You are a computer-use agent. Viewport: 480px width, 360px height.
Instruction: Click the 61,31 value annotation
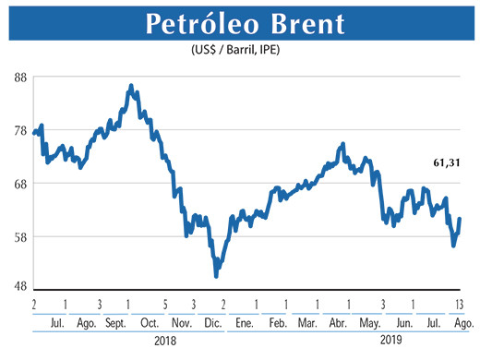447,162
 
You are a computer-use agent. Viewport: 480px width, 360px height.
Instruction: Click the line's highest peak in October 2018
131,86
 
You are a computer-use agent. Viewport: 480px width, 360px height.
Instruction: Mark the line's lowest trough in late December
216,275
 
